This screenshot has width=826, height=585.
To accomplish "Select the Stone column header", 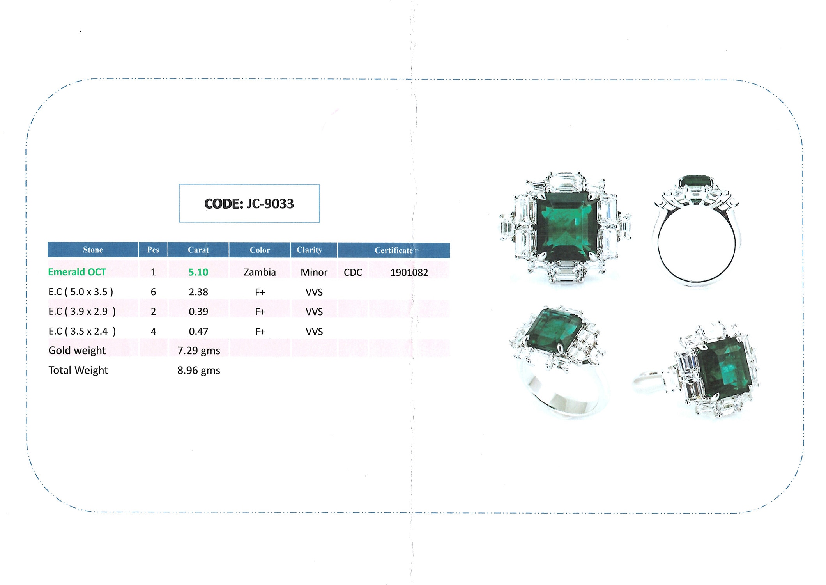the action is point(93,250).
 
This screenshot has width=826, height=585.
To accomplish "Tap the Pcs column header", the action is point(153,250).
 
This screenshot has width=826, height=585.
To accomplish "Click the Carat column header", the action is point(198,250).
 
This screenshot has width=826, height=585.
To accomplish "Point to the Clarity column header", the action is point(310,250).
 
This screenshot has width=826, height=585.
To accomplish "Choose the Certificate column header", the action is point(394,250).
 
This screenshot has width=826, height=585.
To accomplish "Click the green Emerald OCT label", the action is point(77,272).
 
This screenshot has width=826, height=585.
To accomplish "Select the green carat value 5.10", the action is point(198,272).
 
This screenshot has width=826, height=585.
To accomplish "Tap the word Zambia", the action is point(260,272).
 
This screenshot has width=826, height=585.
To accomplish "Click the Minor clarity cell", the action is point(314,272).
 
